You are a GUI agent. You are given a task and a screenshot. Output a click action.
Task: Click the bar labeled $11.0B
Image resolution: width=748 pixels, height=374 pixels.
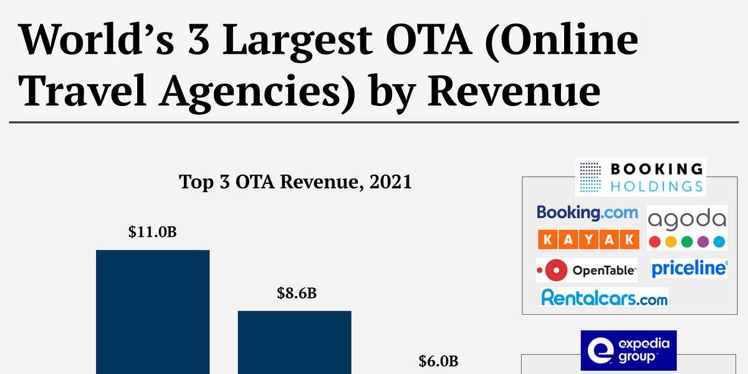pos(153,312)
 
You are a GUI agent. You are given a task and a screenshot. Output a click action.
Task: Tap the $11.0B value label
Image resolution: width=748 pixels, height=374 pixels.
pos(153,233)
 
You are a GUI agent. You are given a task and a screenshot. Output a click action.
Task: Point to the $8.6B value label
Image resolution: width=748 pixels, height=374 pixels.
pos(297,292)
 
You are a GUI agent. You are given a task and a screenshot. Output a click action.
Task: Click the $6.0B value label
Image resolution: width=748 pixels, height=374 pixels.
pos(438,361)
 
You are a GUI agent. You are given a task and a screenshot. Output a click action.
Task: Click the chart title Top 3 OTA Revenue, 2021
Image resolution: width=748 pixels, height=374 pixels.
pos(295,182)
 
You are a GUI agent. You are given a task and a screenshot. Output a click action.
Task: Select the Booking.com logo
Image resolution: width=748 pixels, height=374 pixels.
pos(587,213)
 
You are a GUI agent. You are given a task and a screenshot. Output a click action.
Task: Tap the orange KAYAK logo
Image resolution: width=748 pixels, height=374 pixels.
pos(588,239)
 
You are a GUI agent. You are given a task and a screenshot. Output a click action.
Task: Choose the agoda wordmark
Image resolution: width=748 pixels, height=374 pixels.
pos(687,219)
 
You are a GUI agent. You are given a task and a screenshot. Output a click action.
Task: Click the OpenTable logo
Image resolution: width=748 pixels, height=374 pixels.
pos(587,270)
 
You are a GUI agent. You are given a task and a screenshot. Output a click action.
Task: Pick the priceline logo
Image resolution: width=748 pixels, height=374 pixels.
pos(689,269)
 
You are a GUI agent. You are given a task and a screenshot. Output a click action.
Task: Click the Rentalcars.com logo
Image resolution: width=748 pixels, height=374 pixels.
pos(604,298)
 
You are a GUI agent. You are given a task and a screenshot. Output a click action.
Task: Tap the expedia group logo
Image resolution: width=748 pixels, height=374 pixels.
pos(628,350)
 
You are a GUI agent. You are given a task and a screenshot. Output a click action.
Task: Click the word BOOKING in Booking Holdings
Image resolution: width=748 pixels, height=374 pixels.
pos(656,169)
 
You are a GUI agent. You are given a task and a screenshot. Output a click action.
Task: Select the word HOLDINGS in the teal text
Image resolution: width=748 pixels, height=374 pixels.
pos(656,186)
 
